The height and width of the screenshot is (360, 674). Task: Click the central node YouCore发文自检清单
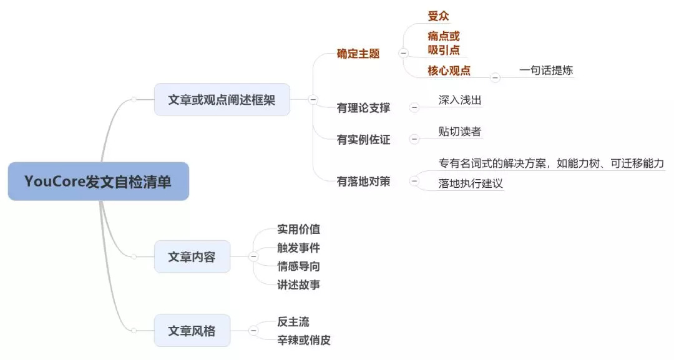click(x=98, y=182)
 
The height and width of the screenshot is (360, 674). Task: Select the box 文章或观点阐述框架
click(x=222, y=99)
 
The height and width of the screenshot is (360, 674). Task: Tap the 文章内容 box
click(x=192, y=256)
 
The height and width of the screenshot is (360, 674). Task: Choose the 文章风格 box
click(x=192, y=331)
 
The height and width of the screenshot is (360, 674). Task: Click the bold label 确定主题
click(x=358, y=54)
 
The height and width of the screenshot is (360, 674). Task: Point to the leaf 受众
click(x=438, y=16)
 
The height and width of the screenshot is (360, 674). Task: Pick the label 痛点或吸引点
click(x=444, y=43)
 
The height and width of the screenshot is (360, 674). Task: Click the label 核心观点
click(x=449, y=71)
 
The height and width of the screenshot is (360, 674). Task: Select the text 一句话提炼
click(x=545, y=71)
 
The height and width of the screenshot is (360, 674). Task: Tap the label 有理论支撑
click(x=363, y=108)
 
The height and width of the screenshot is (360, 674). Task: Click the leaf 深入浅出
click(x=460, y=100)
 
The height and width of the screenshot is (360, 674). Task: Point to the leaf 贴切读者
click(x=460, y=132)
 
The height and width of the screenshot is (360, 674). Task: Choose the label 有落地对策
click(x=363, y=182)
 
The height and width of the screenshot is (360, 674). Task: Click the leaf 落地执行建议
click(x=471, y=183)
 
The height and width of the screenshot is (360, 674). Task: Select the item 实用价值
click(x=298, y=230)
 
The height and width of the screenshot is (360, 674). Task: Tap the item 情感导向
click(x=298, y=266)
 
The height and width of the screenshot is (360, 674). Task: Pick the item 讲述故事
click(x=298, y=285)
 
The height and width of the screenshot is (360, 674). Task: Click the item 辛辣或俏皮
click(x=303, y=340)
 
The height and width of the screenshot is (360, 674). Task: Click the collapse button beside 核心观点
click(x=495, y=78)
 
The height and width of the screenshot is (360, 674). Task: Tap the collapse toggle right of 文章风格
click(x=253, y=331)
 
